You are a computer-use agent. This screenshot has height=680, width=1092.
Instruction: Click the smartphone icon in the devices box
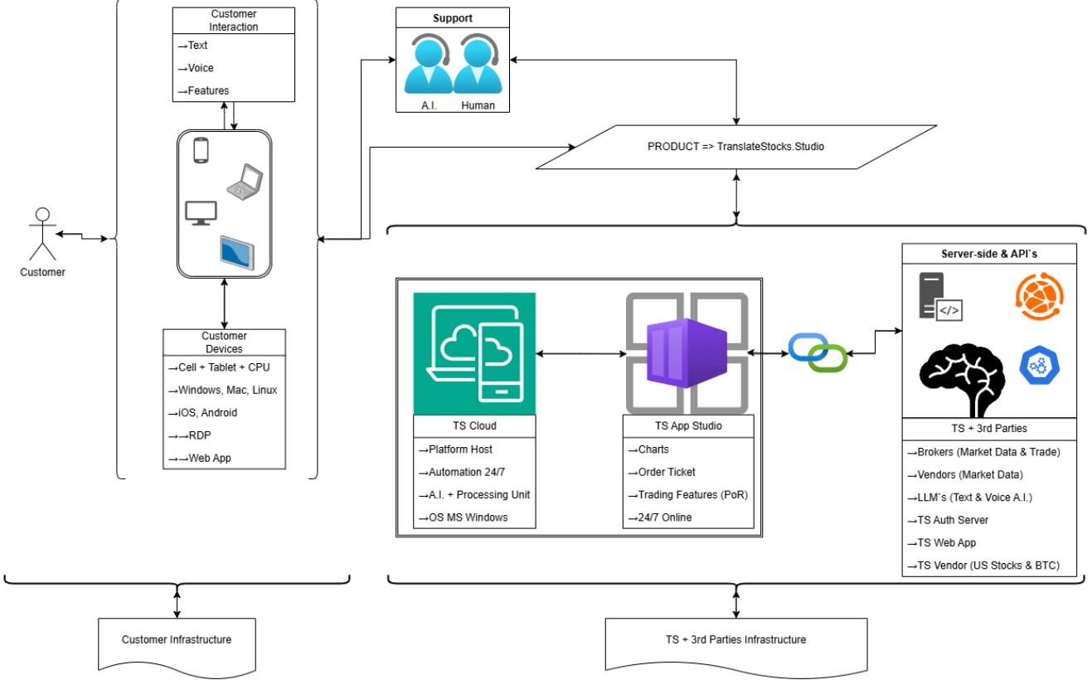(200, 151)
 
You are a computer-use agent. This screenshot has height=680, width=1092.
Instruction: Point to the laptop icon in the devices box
(245, 182)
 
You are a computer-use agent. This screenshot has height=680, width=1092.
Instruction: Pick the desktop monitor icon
(201, 212)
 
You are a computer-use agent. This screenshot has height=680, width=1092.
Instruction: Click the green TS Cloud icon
(474, 353)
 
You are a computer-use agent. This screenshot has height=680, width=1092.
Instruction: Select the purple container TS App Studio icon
(687, 353)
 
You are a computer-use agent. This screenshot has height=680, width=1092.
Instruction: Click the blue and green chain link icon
(818, 353)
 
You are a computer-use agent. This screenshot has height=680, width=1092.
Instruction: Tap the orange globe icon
(1039, 297)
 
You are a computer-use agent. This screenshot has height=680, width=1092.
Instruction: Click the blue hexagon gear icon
(1040, 366)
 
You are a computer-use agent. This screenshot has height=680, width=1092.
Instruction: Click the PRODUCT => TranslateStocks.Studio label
(735, 147)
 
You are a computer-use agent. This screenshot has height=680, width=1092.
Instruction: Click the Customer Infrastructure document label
(177, 639)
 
